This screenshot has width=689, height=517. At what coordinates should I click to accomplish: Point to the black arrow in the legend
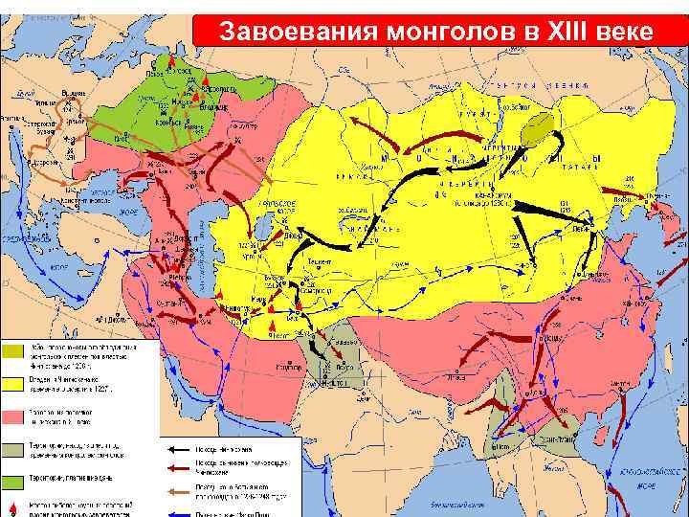[x=180, y=449]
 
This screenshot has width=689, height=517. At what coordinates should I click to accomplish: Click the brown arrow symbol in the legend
[x=180, y=491]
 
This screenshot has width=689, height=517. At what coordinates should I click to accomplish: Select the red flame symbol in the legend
[x=12, y=507]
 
